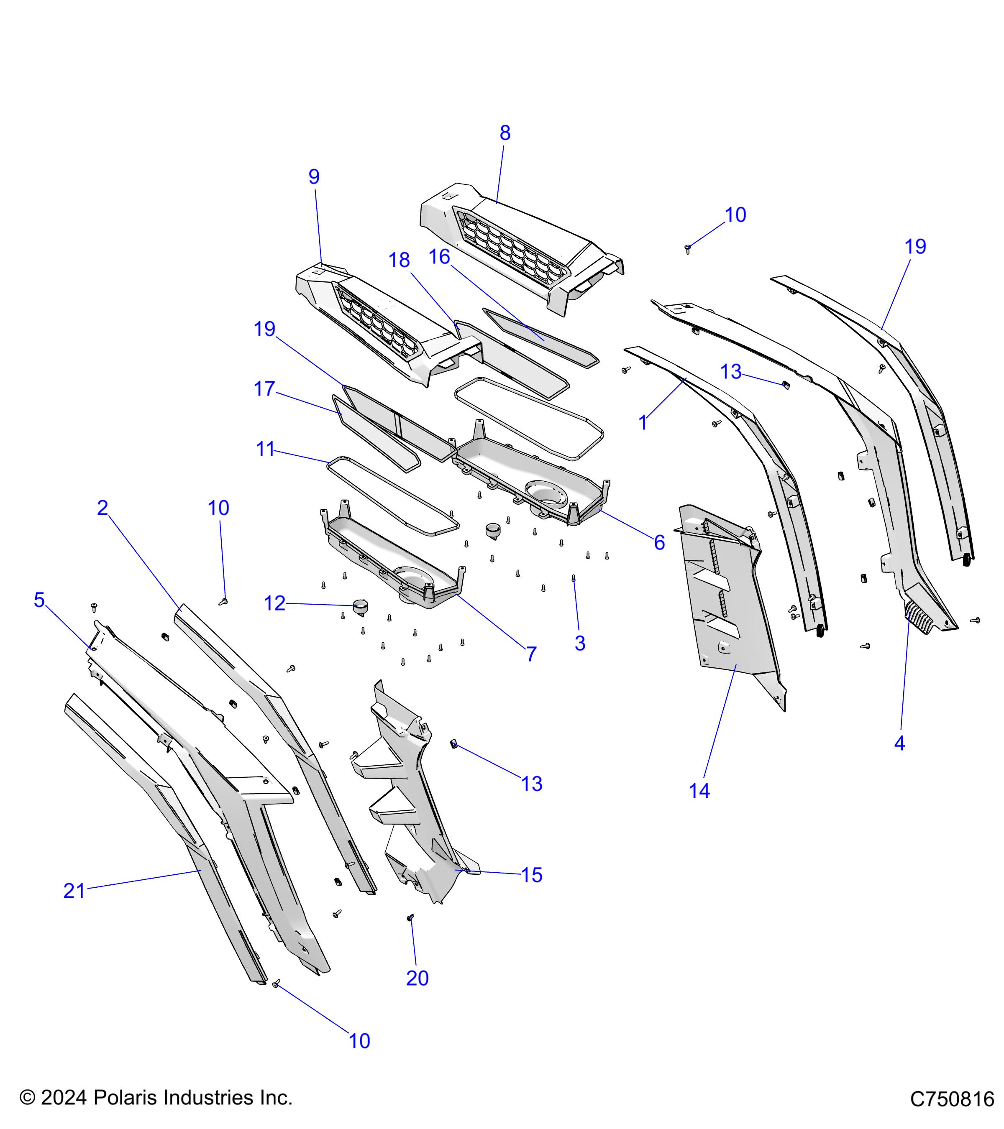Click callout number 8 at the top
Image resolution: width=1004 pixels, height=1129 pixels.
click(505, 133)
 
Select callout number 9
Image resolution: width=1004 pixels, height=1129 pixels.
click(314, 177)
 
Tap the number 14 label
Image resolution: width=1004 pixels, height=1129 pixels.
click(699, 791)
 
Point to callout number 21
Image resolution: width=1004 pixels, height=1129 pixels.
click(74, 891)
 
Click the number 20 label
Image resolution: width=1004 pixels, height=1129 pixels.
click(417, 978)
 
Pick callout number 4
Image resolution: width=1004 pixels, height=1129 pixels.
click(899, 743)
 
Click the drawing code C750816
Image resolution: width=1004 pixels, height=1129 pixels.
click(952, 1099)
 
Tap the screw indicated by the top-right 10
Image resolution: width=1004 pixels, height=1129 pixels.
click(688, 248)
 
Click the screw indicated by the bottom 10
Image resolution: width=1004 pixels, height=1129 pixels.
click(276, 999)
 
